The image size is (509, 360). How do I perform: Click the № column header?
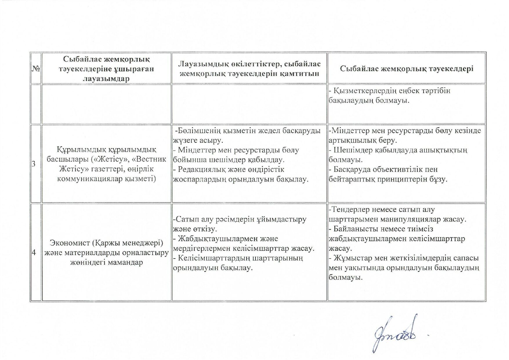[x=36, y=69]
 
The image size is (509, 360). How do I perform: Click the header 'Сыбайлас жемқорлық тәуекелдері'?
[x=407, y=69]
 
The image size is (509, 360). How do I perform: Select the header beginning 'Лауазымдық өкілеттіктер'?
[x=249, y=69]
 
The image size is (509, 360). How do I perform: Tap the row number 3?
[x=34, y=164]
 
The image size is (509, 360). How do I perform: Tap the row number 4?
[x=34, y=252]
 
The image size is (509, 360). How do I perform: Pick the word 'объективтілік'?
[x=400, y=170]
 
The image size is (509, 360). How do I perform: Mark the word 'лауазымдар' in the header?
[x=106, y=79]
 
